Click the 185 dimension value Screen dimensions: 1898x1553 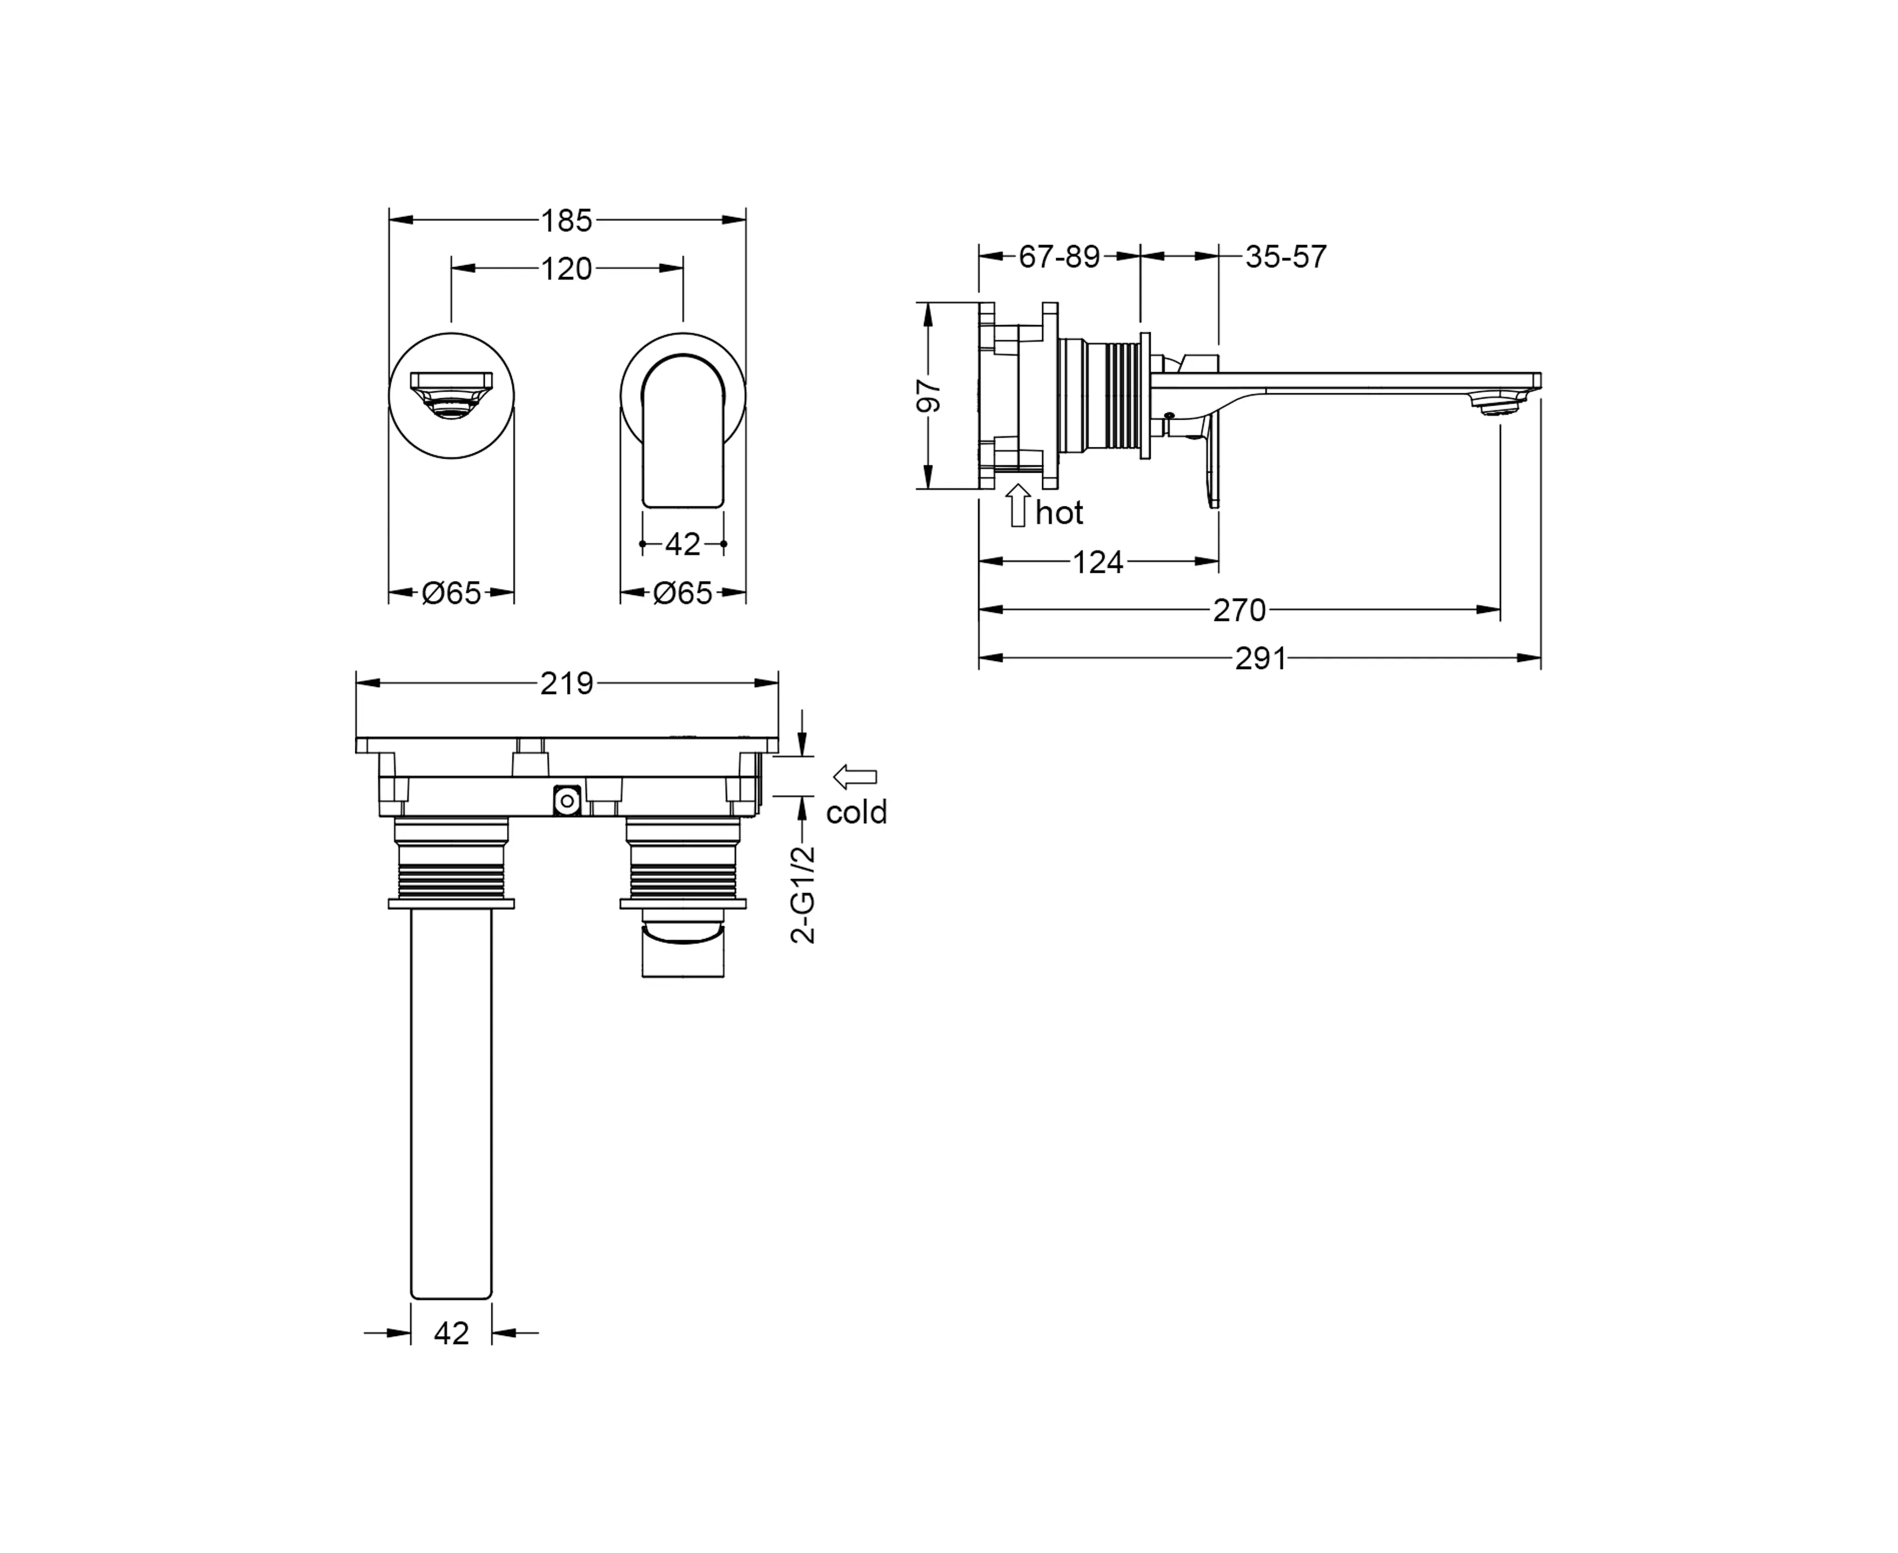point(566,220)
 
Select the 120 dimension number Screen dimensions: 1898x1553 point(566,268)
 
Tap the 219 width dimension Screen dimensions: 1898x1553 point(566,684)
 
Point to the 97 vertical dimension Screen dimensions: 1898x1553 point(930,395)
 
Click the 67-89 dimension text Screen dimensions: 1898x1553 point(1059,257)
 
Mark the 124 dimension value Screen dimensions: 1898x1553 point(1098,562)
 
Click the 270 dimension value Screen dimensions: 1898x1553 point(1240,610)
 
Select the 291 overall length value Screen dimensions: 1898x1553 point(1261,658)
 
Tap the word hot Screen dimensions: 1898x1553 point(1059,513)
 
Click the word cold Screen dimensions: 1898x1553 point(856,812)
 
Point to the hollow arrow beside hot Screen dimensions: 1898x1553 point(1018,505)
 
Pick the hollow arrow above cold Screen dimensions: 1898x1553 point(855,777)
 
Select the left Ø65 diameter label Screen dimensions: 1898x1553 point(452,592)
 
